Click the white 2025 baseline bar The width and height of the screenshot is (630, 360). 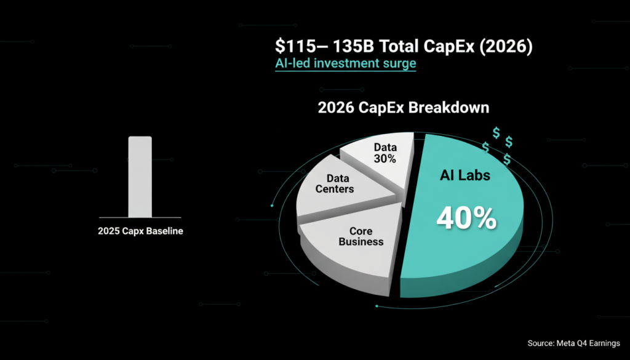pyautogui.click(x=140, y=177)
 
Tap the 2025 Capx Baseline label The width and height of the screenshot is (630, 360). pyautogui.click(x=140, y=231)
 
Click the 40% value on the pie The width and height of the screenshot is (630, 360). pyautogui.click(x=466, y=218)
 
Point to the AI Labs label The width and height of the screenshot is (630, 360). pyautogui.click(x=465, y=175)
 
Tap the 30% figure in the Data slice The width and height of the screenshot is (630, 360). pyautogui.click(x=385, y=159)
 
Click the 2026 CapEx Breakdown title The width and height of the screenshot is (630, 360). pyautogui.click(x=404, y=108)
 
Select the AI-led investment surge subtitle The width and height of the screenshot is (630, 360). pyautogui.click(x=346, y=63)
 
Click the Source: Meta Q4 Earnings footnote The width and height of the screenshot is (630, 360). pyautogui.click(x=574, y=343)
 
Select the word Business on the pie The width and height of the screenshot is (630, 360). pyautogui.click(x=361, y=242)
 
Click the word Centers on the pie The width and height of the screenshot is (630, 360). pyautogui.click(x=335, y=189)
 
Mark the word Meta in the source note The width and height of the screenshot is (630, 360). pyautogui.click(x=565, y=343)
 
